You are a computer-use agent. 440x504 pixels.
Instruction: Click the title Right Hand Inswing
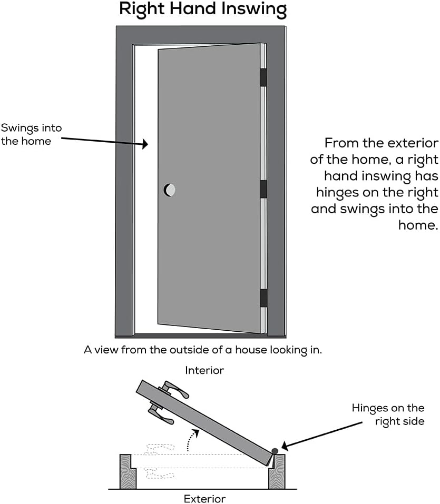tap(203, 9)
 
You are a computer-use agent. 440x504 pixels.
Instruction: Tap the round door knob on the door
tap(170, 190)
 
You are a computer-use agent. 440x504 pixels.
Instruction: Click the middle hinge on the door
tap(263, 189)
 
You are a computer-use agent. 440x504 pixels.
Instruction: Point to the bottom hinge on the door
tap(263, 298)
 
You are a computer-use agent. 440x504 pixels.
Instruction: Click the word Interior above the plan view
tap(204, 371)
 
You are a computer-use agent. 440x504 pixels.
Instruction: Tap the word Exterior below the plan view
tap(204, 498)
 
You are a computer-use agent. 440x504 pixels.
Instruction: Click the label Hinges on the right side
tap(388, 414)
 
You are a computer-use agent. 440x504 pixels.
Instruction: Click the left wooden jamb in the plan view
tap(128, 471)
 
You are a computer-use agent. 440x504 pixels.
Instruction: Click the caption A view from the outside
tap(202, 350)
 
